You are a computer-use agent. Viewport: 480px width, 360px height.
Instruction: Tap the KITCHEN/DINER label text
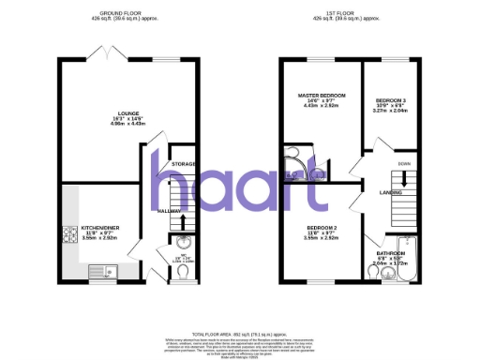(99, 228)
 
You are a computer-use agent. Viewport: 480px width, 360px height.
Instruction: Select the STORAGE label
(183, 165)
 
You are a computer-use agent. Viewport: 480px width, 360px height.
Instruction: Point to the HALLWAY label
(170, 211)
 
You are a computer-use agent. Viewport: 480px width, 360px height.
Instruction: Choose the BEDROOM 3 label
(390, 100)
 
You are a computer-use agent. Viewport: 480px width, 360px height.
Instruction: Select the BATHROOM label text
(391, 253)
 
